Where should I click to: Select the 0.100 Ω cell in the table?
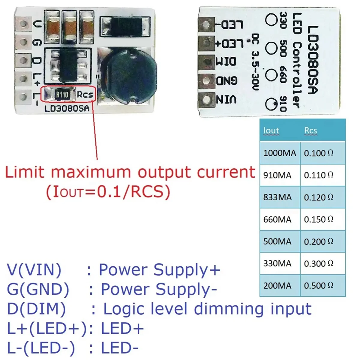click(319, 153)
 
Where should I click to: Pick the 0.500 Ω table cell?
click(319, 286)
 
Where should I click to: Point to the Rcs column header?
click(310, 130)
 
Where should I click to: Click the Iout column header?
click(271, 130)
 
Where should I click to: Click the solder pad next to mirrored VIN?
click(207, 99)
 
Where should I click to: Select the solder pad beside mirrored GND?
click(207, 80)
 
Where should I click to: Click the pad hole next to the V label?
click(23, 24)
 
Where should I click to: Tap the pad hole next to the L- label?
click(23, 97)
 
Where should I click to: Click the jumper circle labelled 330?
click(271, 20)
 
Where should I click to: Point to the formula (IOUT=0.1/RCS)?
click(108, 192)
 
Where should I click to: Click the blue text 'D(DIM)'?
click(36, 309)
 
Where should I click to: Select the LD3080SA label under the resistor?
click(67, 109)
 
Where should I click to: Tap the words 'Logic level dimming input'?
click(207, 309)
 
